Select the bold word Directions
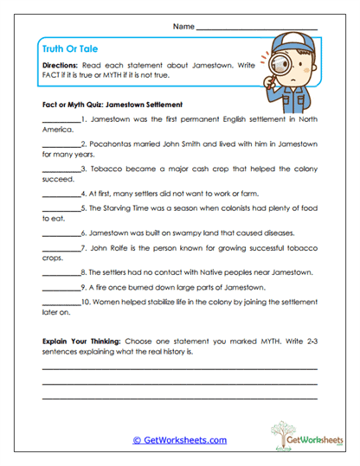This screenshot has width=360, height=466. tap(60, 66)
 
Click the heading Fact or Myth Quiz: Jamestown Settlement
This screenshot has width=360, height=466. tap(112, 103)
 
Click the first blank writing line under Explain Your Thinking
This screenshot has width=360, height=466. tap(179, 368)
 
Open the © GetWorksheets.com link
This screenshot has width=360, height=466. tap(179, 440)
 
